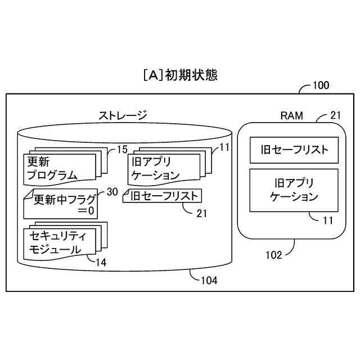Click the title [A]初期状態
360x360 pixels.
180,75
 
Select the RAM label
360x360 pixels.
291,116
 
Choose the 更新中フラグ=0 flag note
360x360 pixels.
61,204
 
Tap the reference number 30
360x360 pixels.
112,192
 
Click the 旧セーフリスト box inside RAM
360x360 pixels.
294,150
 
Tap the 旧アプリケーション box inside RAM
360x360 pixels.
294,190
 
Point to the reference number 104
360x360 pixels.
209,280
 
